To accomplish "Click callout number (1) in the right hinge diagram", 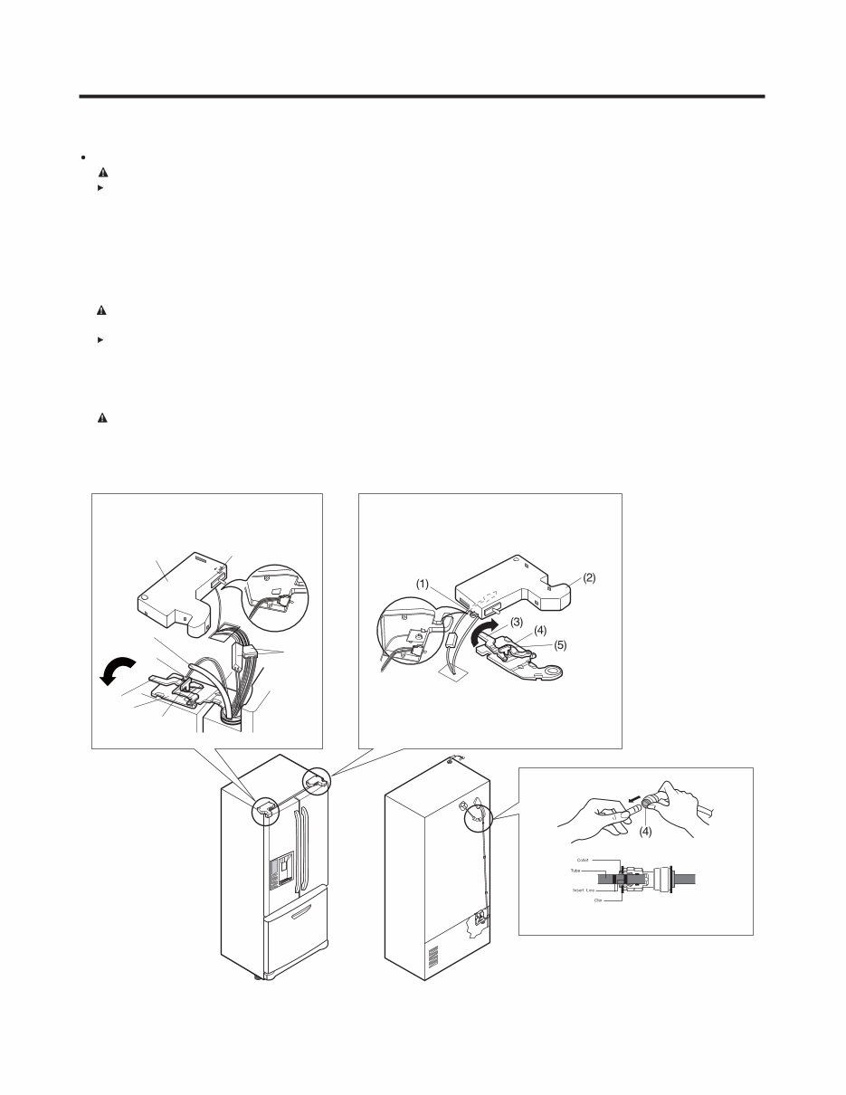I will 423,585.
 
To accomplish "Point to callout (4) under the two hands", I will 645,831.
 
